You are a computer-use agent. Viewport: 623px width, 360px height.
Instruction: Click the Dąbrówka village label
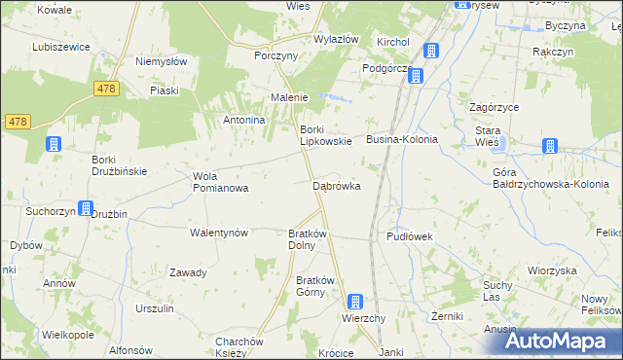pos(337,185)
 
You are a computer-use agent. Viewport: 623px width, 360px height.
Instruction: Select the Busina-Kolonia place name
pos(402,140)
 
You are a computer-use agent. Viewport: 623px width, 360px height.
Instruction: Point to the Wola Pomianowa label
pos(221,182)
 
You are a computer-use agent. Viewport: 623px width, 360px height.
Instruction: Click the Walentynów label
pos(219,234)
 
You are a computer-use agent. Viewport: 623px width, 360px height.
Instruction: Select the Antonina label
pos(244,120)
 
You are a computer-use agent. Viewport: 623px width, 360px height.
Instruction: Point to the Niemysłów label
pos(162,60)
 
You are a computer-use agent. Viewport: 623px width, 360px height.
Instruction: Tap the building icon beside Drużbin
pos(86,209)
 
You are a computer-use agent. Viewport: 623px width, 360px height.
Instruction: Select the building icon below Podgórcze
pos(416,76)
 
